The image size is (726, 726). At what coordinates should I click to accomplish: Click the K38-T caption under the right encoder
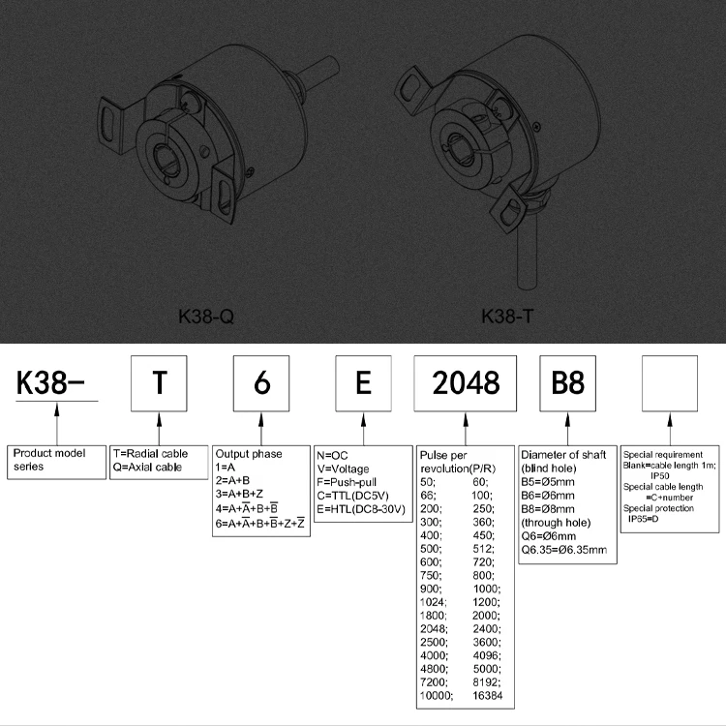(x=508, y=316)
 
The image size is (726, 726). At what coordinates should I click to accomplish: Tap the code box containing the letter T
(x=159, y=383)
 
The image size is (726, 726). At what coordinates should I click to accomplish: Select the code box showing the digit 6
(x=261, y=383)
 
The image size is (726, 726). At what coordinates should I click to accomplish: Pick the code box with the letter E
(x=363, y=383)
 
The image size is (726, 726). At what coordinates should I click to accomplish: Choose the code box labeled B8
(x=567, y=383)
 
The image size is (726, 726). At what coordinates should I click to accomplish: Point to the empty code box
(x=670, y=383)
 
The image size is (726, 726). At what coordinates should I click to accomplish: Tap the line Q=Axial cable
(x=147, y=467)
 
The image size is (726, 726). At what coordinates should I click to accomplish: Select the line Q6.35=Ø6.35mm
(x=564, y=550)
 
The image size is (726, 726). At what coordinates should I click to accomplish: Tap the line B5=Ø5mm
(x=548, y=481)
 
